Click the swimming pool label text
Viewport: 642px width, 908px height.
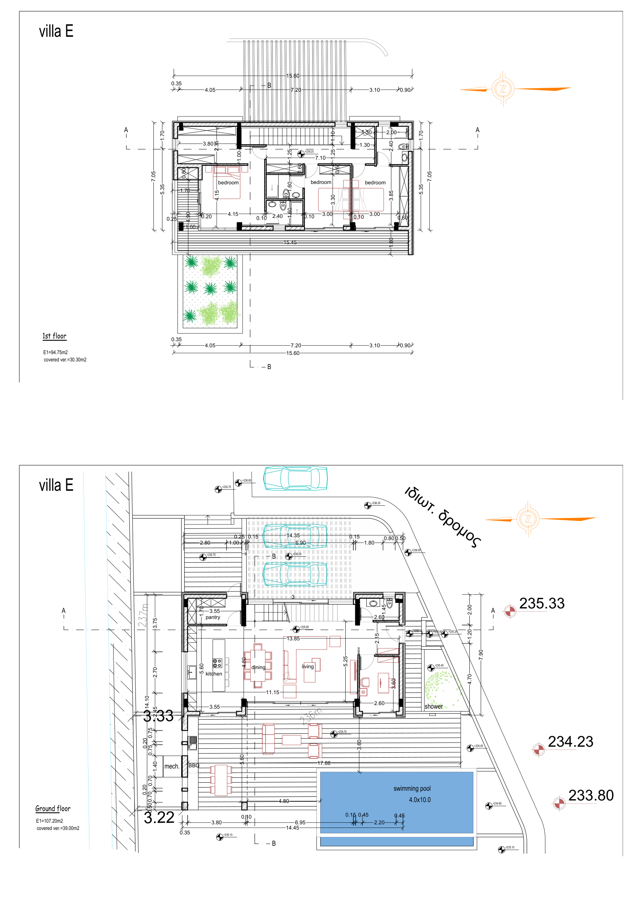(412, 788)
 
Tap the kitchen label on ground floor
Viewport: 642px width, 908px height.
(213, 674)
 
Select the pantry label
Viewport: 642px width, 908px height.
(213, 617)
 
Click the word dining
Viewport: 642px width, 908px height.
(258, 667)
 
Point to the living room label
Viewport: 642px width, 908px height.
(308, 666)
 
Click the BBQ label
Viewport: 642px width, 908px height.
(194, 765)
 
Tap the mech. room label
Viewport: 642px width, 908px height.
(171, 766)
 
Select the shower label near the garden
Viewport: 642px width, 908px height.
(433, 706)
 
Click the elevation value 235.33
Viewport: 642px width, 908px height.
(541, 603)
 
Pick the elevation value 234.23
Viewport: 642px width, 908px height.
(570, 741)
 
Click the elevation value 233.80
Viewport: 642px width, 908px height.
(591, 795)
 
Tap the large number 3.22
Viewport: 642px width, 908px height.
(159, 817)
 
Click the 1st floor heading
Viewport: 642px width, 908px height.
(54, 336)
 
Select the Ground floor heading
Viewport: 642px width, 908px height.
(53, 809)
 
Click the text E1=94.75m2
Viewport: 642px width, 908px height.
(55, 352)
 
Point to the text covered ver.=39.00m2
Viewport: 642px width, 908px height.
(58, 828)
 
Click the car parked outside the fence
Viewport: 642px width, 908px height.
(296, 478)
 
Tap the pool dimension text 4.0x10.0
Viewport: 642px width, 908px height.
(420, 800)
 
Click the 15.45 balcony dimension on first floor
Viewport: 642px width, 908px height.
(290, 243)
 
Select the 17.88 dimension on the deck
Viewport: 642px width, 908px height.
(324, 763)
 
